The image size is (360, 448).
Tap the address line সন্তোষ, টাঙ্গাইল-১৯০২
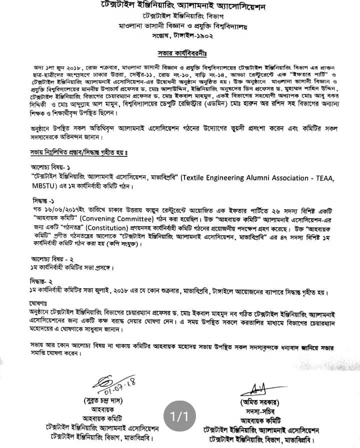tap(179, 33)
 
